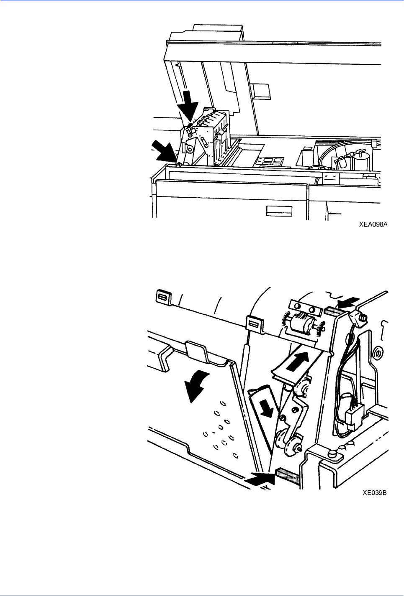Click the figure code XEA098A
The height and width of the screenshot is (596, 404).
pyautogui.click(x=373, y=224)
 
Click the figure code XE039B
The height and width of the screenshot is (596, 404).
pyautogui.click(x=375, y=493)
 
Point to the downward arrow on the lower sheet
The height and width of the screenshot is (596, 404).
pyautogui.click(x=266, y=408)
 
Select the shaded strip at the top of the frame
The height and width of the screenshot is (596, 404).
pyautogui.click(x=333, y=311)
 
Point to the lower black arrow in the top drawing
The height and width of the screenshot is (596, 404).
pyautogui.click(x=164, y=151)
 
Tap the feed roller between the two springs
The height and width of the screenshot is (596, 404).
pyautogui.click(x=302, y=324)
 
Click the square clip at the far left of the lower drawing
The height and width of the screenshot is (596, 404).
pyautogui.click(x=162, y=297)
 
